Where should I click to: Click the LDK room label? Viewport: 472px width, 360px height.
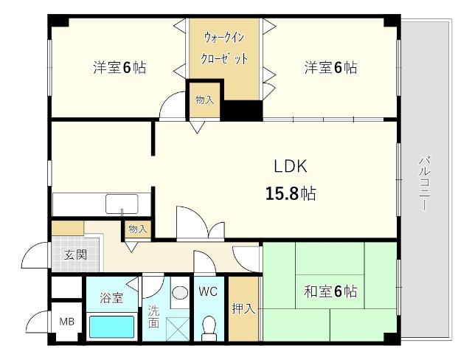point(291,166)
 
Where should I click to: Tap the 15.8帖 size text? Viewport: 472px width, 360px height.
point(291,193)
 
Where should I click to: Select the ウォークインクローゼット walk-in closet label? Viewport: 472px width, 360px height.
point(224,48)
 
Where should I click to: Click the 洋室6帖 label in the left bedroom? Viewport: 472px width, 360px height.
point(119,67)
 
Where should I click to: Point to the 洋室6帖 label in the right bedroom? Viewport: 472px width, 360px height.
point(331,67)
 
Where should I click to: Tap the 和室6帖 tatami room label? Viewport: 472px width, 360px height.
point(331,291)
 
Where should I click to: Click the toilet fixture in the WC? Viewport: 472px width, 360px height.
point(209,328)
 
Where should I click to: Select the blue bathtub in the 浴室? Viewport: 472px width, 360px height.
point(112,327)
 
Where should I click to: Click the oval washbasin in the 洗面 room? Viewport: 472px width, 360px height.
point(180,293)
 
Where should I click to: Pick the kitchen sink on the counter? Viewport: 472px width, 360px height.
point(122,204)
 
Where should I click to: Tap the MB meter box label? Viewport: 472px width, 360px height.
point(66,322)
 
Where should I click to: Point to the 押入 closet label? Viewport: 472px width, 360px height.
point(243,308)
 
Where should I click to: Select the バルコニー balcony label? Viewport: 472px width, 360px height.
point(425,183)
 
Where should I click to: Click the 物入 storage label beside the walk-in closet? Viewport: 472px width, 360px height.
point(205,100)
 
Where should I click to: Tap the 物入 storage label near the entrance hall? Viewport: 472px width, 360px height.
point(138,229)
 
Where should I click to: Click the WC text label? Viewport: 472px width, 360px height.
point(208,291)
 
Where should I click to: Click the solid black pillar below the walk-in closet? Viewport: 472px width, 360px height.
point(242,110)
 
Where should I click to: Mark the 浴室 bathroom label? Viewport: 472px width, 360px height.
point(111,298)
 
